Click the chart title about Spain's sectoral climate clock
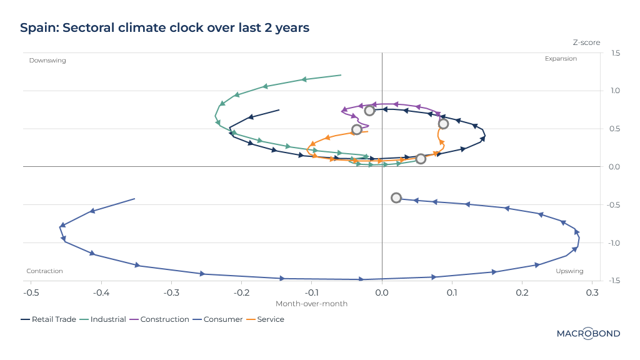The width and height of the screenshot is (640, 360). pos(164,28)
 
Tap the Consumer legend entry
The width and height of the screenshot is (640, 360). pos(219,319)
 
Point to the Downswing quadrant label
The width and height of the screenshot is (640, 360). pos(47,61)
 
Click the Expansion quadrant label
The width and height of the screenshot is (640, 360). pos(561,59)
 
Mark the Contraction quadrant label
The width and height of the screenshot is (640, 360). pos(45,271)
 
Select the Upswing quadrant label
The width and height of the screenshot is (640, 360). pos(569,271)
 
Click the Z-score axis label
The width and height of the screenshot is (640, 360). pos(586,42)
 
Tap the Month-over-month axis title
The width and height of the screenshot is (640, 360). pos(311,304)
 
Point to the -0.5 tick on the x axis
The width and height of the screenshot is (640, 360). pos(31,292)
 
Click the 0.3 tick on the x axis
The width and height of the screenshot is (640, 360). pos(592,292)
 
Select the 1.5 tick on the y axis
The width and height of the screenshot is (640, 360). pos(616,53)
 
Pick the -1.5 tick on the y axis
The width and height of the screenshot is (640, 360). pos(614,281)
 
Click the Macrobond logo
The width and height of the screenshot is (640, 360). pos(588,334)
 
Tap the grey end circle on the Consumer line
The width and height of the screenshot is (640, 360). pos(396,198)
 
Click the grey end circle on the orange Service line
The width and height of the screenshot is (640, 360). pos(357,130)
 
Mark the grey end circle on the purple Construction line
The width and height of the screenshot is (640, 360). pos(369,111)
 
